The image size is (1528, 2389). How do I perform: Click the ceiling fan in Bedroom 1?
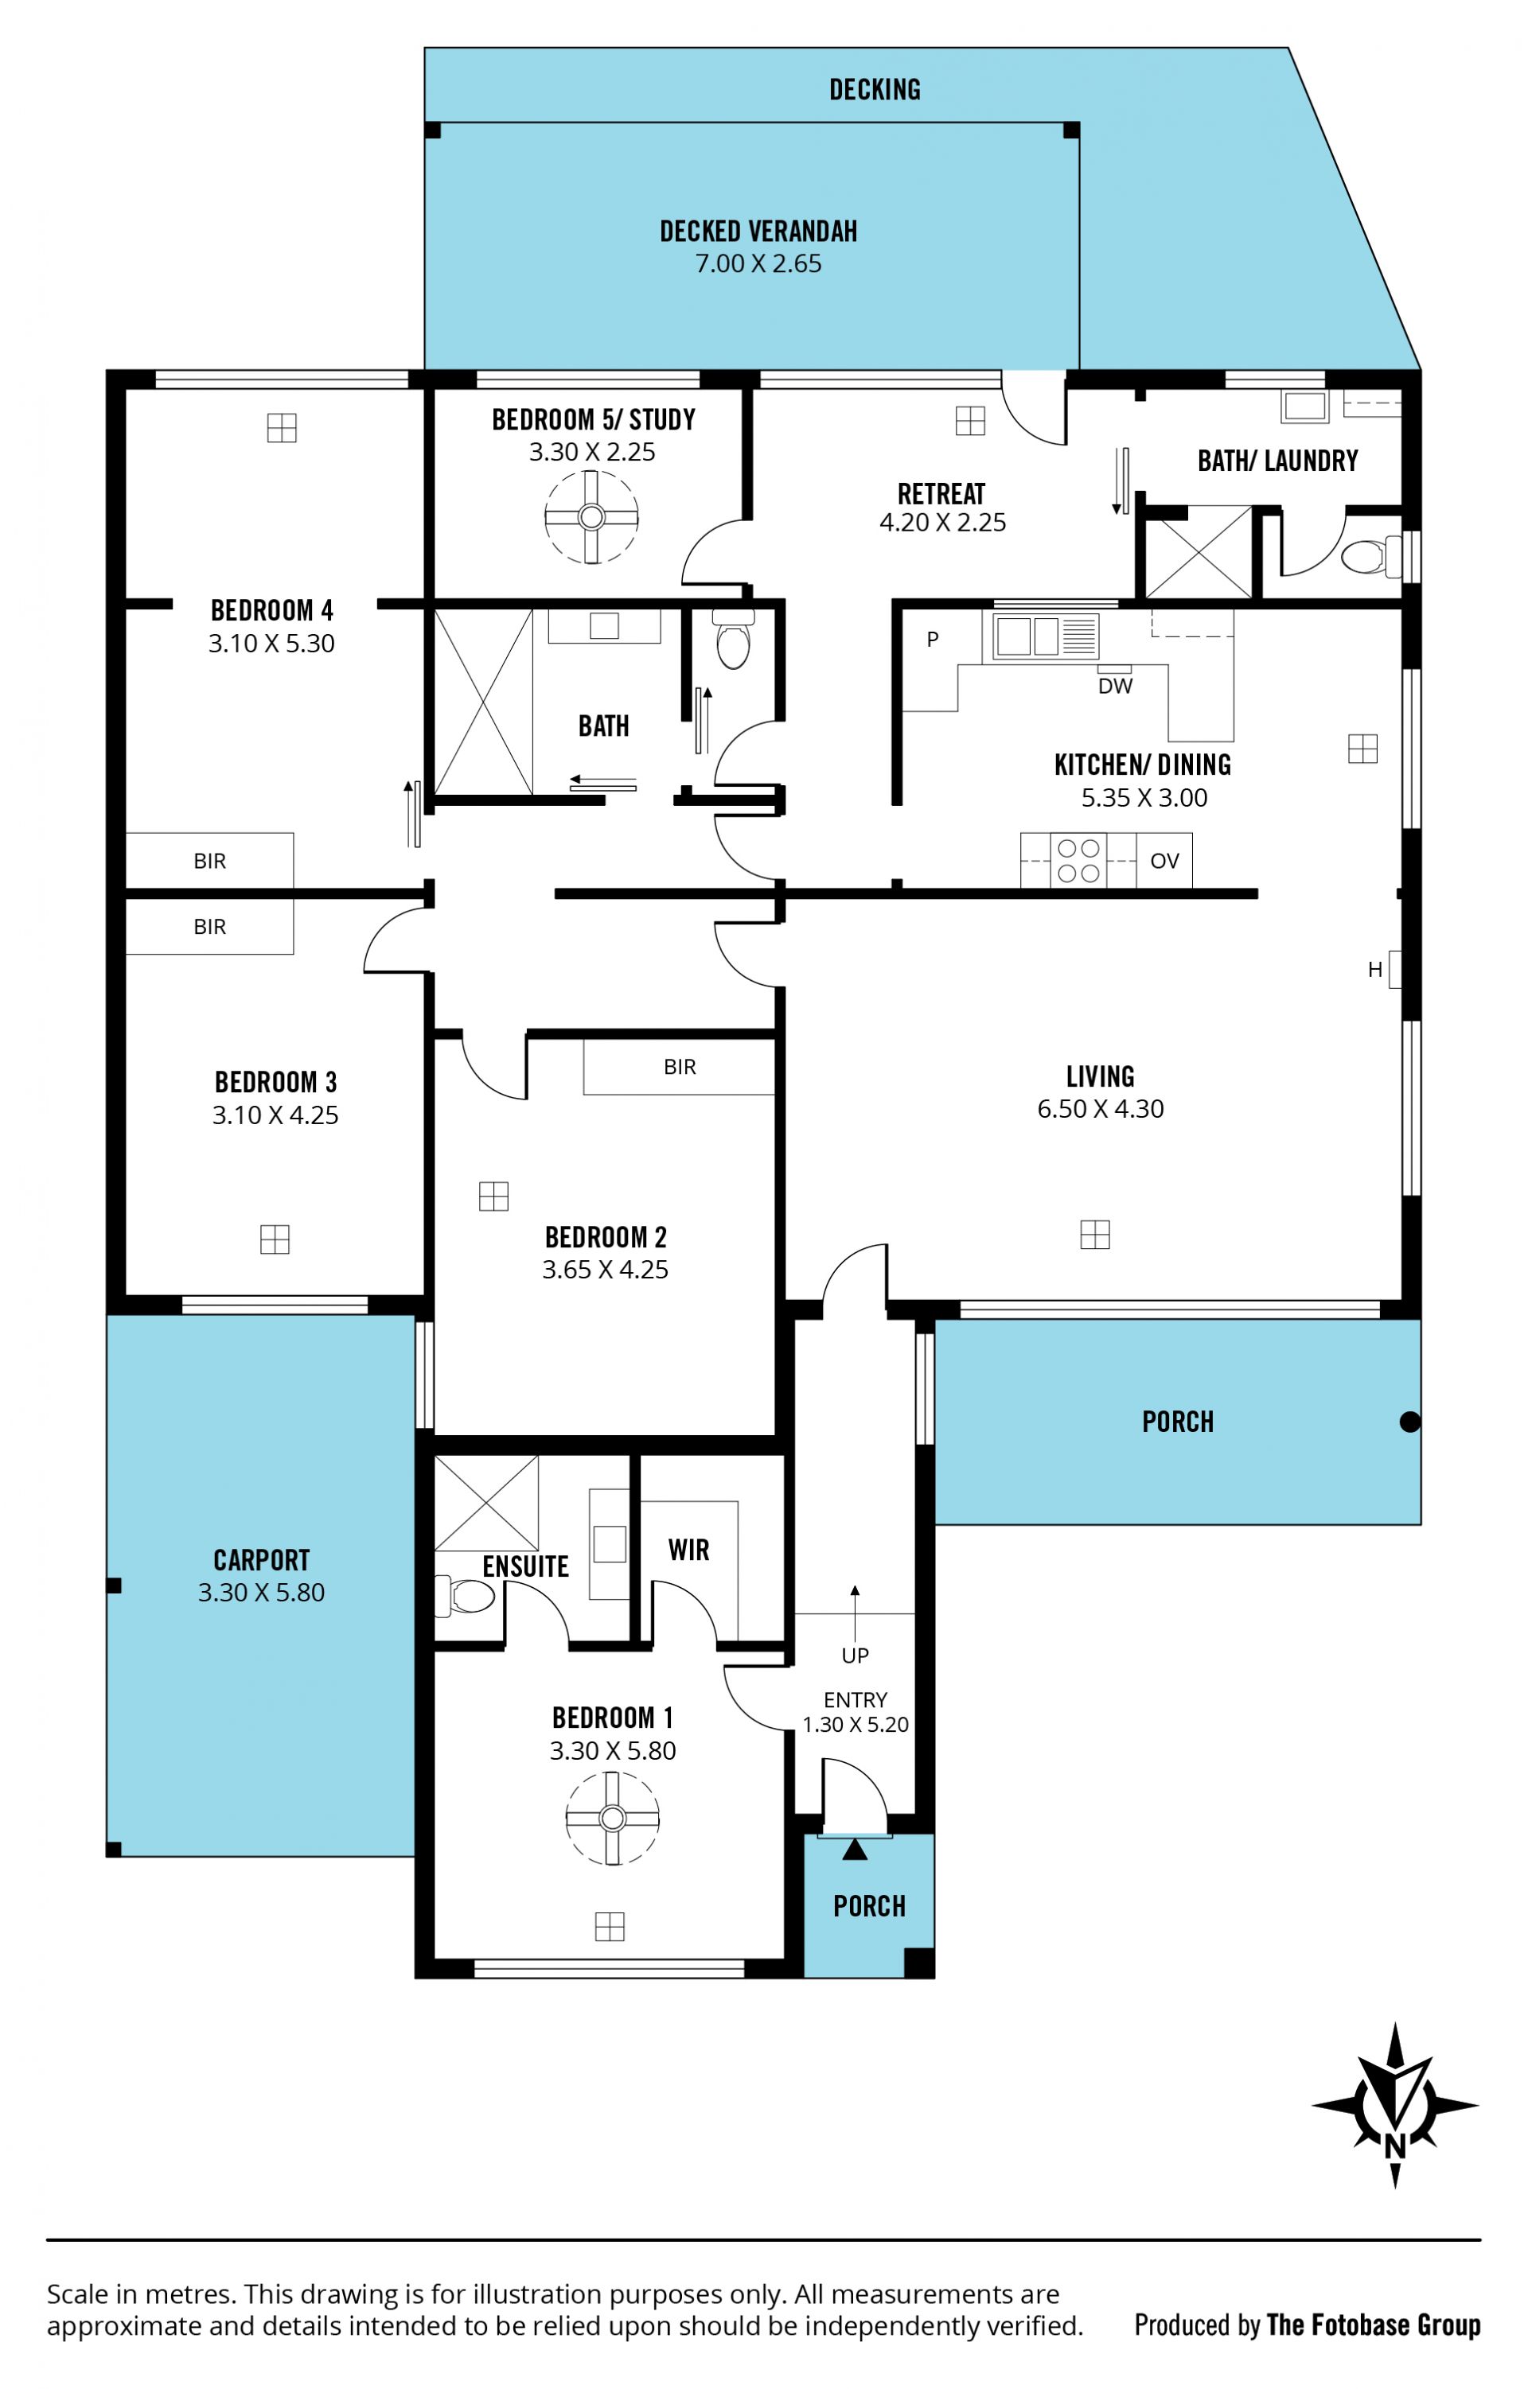click(612, 1819)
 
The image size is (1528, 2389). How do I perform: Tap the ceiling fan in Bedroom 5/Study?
click(591, 517)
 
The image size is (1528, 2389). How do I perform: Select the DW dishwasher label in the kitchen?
click(1115, 686)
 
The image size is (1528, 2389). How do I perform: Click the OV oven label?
click(1165, 860)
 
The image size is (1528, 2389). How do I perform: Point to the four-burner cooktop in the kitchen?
click(1078, 860)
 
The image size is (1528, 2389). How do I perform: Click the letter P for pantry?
click(933, 639)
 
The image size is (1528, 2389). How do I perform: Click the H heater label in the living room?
click(1375, 969)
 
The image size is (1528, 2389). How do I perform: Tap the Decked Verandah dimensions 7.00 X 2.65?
click(758, 264)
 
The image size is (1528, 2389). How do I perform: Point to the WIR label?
click(688, 1550)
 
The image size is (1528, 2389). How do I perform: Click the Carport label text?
click(262, 1561)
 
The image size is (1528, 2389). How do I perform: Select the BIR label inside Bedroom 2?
click(680, 1067)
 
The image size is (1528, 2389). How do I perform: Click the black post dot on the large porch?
click(1410, 1422)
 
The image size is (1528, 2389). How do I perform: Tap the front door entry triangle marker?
click(856, 1850)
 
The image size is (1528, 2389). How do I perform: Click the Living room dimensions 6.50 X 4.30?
click(1101, 1109)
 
